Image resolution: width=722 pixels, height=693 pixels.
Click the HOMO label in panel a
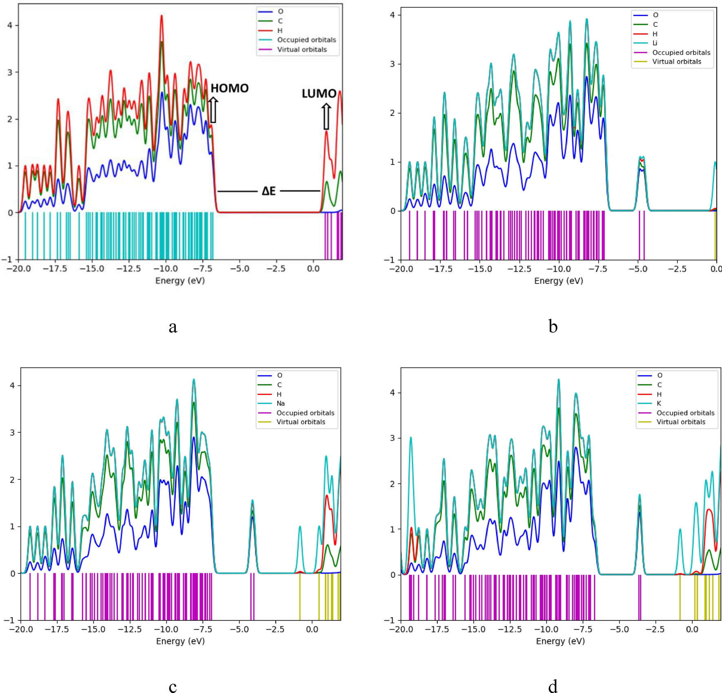(x=229, y=88)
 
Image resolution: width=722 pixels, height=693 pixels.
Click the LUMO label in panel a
(x=319, y=93)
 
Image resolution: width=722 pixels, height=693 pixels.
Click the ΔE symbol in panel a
(x=269, y=191)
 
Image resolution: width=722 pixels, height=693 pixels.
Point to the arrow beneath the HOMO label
(x=213, y=110)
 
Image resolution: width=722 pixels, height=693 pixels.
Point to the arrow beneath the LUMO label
(x=326, y=116)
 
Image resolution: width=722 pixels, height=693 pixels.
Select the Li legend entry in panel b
(x=654, y=43)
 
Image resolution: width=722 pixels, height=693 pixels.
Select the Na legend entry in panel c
(x=280, y=404)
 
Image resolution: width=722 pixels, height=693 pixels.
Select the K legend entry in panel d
(x=659, y=404)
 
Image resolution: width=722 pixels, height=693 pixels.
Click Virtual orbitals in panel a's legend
(x=301, y=49)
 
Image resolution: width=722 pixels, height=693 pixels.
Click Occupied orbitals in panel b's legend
(x=681, y=53)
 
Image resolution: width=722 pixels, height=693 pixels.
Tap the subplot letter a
(x=173, y=327)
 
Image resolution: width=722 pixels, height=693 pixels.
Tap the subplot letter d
(x=553, y=686)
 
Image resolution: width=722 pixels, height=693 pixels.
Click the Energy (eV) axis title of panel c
(x=180, y=641)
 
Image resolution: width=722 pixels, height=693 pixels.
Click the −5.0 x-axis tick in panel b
(x=638, y=269)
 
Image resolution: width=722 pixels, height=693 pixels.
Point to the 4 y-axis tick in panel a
(x=10, y=25)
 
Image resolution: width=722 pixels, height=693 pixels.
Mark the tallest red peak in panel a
(x=162, y=16)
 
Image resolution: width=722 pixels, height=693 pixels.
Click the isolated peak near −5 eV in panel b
(x=642, y=158)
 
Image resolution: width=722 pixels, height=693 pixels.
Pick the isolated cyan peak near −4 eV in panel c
(x=252, y=501)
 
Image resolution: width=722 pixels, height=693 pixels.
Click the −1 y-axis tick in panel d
(x=390, y=620)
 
